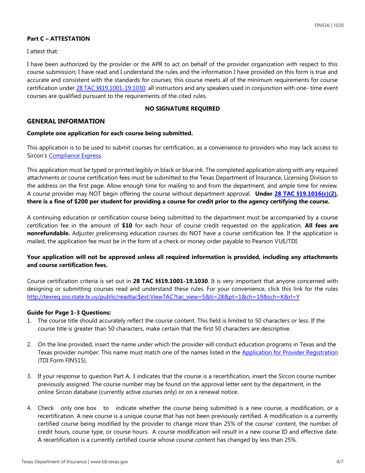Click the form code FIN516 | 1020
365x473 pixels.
pos(329,26)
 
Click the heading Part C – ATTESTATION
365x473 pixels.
pos(58,38)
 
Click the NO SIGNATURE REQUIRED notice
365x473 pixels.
pos(182,108)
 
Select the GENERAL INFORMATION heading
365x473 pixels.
pos(66,121)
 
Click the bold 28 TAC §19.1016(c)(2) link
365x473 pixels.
pos(305,194)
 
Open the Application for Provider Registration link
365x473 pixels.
pos(290,352)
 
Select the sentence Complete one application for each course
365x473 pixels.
pos(109,133)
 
